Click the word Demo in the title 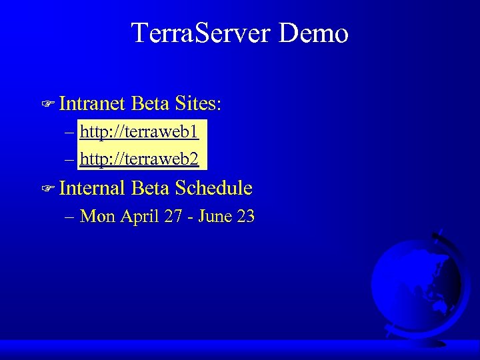point(313,33)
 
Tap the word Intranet point(92,103)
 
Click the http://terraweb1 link point(139,131)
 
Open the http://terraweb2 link point(139,159)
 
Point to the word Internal point(92,188)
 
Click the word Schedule point(213,188)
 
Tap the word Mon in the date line point(97,216)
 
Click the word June point(215,216)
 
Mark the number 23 point(246,216)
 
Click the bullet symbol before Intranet point(47,105)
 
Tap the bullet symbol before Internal point(47,189)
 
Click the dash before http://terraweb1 point(70,132)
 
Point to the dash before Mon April point(70,217)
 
